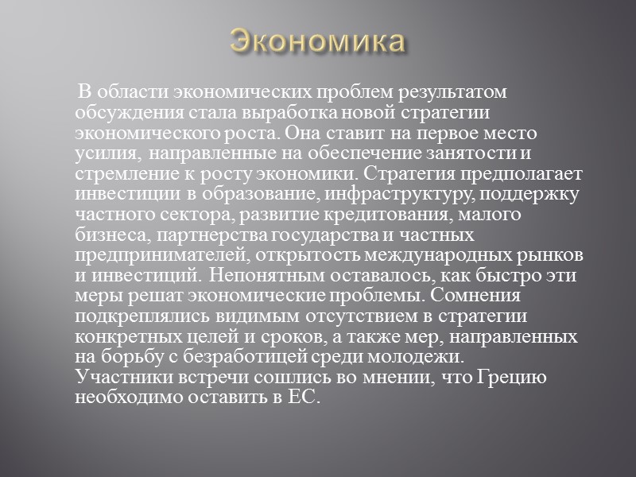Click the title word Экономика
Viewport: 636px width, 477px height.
317,40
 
